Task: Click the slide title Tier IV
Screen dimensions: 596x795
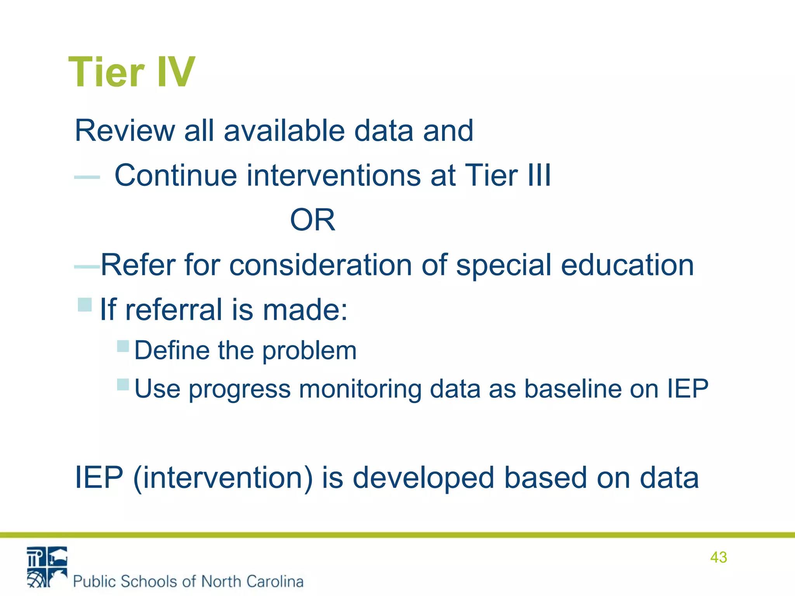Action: pyautogui.click(x=132, y=72)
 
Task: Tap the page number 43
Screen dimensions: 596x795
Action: pyautogui.click(x=718, y=557)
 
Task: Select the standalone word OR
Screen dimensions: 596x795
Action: pyautogui.click(x=312, y=220)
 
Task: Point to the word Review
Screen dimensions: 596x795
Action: pyautogui.click(x=125, y=131)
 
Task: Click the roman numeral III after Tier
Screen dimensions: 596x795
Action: pyautogui.click(x=539, y=175)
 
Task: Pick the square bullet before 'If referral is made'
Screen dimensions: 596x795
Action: pyautogui.click(x=85, y=305)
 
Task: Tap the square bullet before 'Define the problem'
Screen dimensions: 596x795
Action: pyautogui.click(x=123, y=346)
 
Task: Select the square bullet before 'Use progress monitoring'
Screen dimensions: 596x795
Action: pyautogui.click(x=123, y=385)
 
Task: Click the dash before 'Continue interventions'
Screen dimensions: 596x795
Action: pyautogui.click(x=87, y=177)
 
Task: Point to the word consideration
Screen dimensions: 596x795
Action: pyautogui.click(x=320, y=265)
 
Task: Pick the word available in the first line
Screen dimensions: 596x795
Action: pyautogui.click(x=284, y=131)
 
